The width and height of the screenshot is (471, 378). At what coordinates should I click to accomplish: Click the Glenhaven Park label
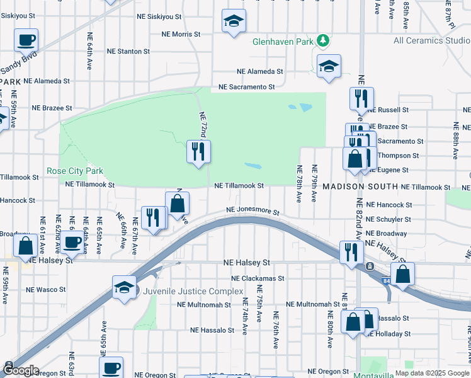click(x=283, y=42)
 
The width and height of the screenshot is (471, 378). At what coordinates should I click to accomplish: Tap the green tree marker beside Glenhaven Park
click(x=323, y=41)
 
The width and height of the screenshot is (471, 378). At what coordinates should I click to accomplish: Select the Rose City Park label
click(x=74, y=171)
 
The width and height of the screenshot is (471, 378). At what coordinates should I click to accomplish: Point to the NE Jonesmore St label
click(x=253, y=212)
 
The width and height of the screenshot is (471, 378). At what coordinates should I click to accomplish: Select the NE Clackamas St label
click(x=258, y=278)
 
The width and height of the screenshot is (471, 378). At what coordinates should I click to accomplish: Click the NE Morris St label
click(x=181, y=34)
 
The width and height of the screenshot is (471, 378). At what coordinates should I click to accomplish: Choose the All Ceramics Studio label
click(x=431, y=41)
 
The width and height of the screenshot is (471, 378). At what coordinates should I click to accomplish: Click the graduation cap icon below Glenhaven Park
click(x=329, y=67)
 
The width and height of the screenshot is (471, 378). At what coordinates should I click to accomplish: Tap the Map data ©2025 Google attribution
click(x=431, y=373)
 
